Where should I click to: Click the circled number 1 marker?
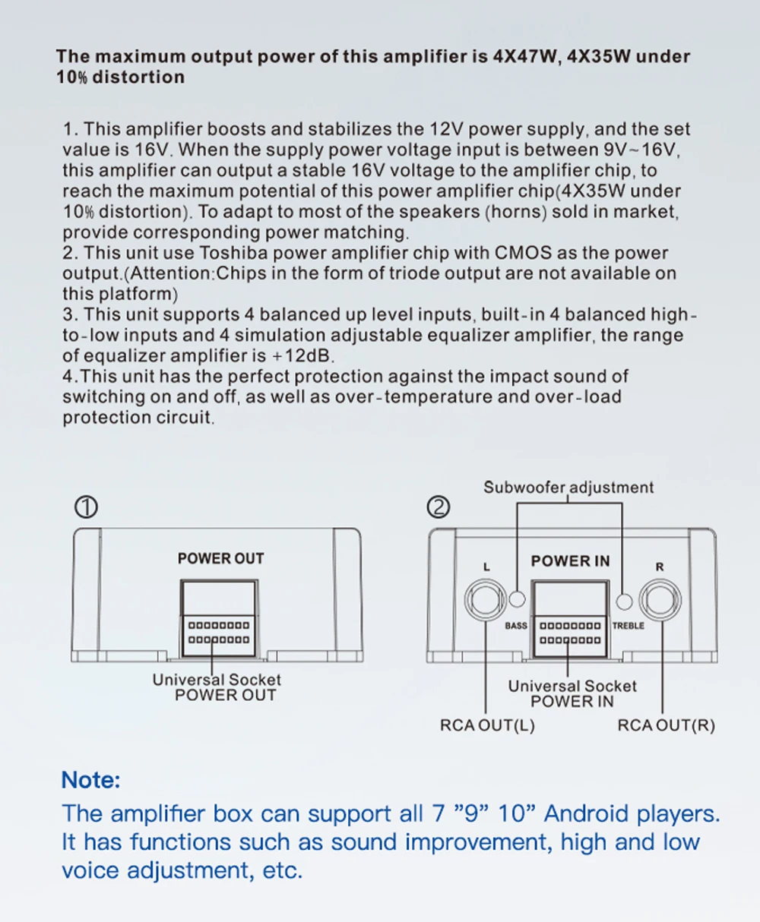coord(87,507)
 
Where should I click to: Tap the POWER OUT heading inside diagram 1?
coord(220,558)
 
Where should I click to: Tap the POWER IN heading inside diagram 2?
coord(570,561)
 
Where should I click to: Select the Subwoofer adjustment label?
coord(568,488)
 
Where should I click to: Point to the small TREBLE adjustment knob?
coord(624,601)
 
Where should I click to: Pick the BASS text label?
coord(516,626)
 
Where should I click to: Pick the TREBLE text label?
coord(628,626)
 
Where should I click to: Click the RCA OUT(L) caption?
coord(487,725)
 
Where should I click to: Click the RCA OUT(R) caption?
coord(666,725)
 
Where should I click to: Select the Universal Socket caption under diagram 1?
coord(217,680)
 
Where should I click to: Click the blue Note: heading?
coord(90,780)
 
